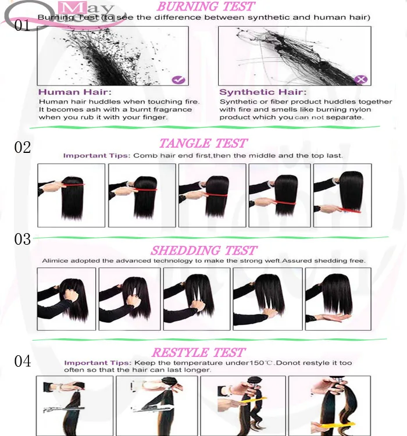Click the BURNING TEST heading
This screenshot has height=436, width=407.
[x=206, y=6]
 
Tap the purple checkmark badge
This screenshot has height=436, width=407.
[x=178, y=80]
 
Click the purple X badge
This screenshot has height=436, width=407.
[x=361, y=80]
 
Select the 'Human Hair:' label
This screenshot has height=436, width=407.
[x=74, y=92]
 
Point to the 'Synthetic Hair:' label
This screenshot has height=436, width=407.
[x=263, y=92]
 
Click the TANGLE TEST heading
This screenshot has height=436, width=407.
[x=203, y=144]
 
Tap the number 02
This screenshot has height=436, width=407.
[x=23, y=147]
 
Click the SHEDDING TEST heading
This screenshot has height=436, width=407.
[x=204, y=251]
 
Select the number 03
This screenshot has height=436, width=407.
[x=23, y=239]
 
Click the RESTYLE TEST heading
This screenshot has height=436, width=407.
[x=199, y=353]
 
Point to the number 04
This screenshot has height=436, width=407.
[x=23, y=361]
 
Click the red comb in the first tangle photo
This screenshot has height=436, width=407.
[x=73, y=185]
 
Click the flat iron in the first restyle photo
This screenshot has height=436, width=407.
[x=64, y=409]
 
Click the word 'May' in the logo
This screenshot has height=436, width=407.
[x=87, y=8]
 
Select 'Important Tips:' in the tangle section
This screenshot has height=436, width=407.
[x=97, y=156]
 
